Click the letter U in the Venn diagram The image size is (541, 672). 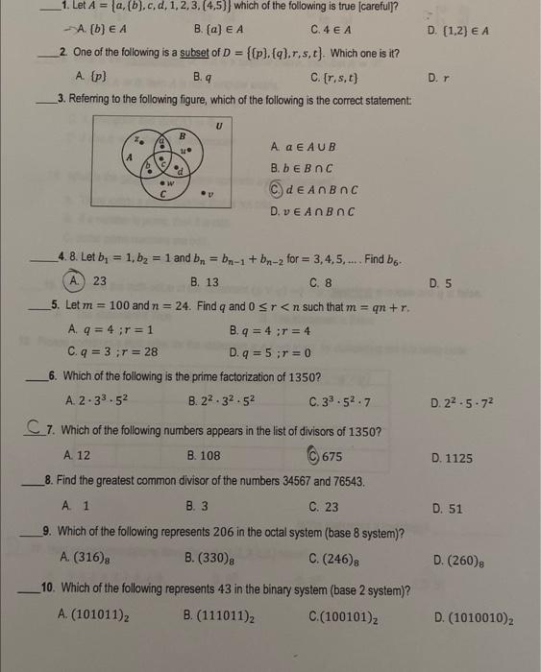[x=219, y=124]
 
